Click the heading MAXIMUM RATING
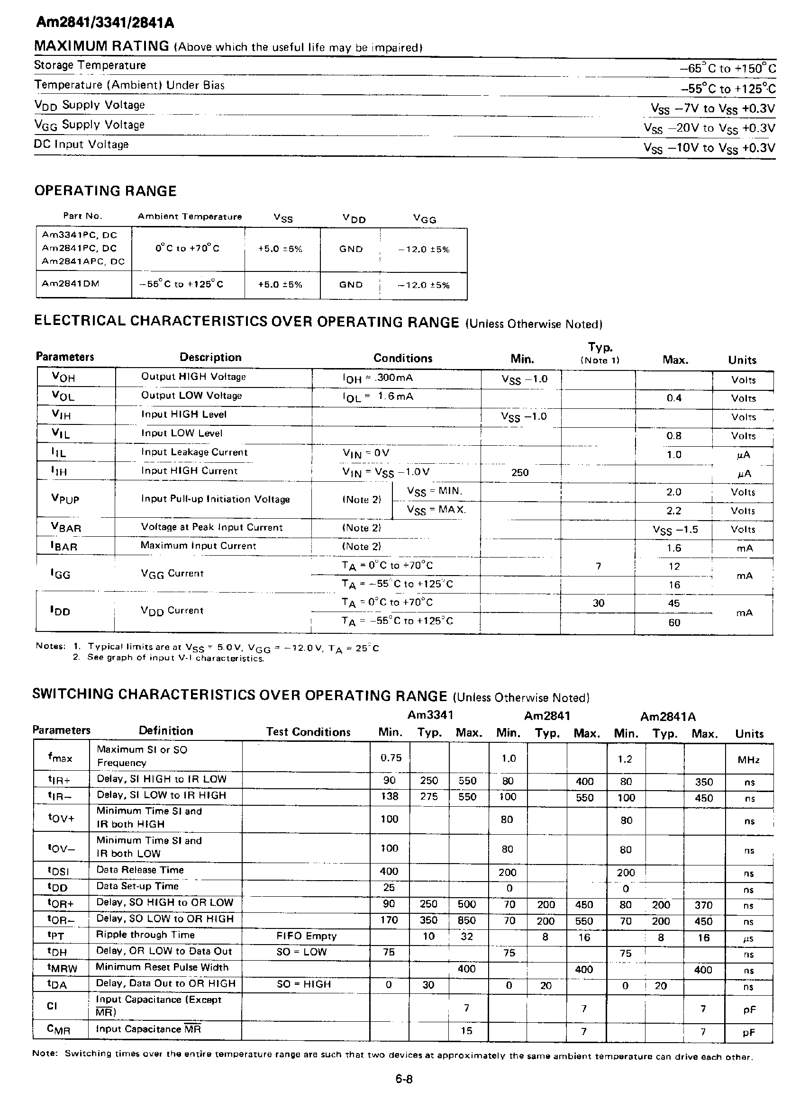pyautogui.click(x=101, y=46)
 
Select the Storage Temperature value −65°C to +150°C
pyautogui.click(x=727, y=68)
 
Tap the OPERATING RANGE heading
pyautogui.click(x=105, y=191)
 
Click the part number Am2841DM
pyautogui.click(x=71, y=284)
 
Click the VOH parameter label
pyautogui.click(x=63, y=377)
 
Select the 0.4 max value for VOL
pyautogui.click(x=674, y=398)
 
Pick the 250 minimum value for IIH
pyautogui.click(x=519, y=472)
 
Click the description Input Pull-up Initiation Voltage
pyautogui.click(x=215, y=499)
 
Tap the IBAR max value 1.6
pyautogui.click(x=674, y=548)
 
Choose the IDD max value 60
pyautogui.click(x=674, y=622)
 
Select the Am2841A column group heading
pyautogui.click(x=667, y=717)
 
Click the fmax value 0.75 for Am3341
pyautogui.click(x=391, y=758)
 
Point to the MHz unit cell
pyautogui.click(x=748, y=760)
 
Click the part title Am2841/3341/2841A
pyautogui.click(x=104, y=23)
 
